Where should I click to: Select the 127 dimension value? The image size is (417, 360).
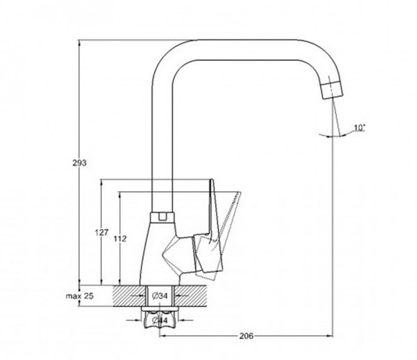coord(102,233)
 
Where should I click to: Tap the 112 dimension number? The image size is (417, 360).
coord(120,239)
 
